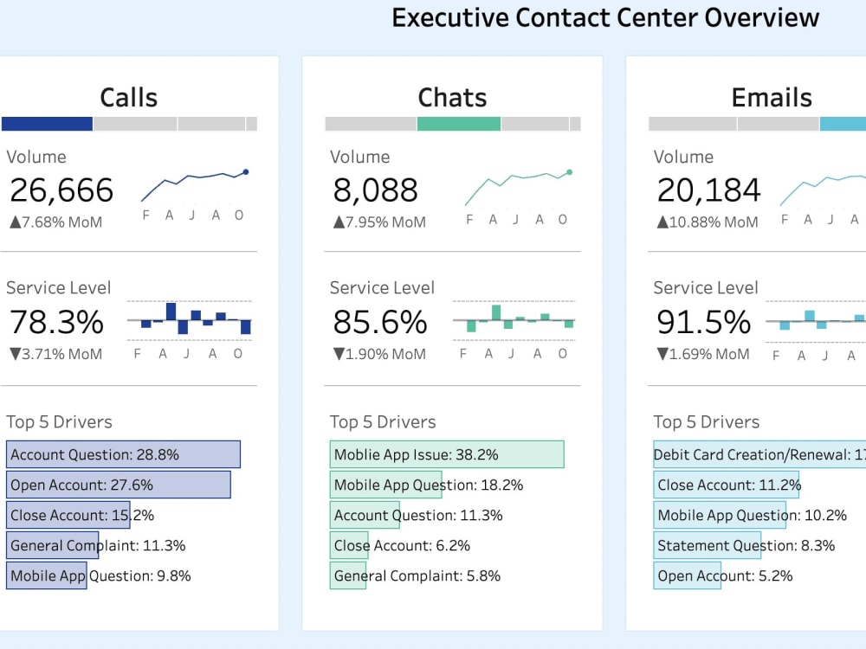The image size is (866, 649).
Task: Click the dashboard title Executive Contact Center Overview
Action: (605, 17)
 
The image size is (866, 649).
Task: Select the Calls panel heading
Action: (128, 98)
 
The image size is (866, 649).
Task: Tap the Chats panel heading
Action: (452, 98)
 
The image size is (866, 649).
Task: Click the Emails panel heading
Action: (772, 98)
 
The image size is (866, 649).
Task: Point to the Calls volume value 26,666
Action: (61, 190)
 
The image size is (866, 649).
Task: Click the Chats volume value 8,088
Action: (375, 190)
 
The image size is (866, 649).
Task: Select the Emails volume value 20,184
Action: (709, 190)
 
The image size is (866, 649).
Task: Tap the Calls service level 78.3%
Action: (56, 322)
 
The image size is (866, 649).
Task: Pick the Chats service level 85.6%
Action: (380, 322)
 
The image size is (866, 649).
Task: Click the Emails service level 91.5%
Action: (703, 322)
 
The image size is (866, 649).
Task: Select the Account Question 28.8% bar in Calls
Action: (123, 454)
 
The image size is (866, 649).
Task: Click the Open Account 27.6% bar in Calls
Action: (119, 485)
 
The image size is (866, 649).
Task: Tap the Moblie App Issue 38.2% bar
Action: (447, 454)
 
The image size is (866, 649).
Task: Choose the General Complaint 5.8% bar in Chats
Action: (348, 575)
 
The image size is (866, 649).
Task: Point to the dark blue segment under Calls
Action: (47, 124)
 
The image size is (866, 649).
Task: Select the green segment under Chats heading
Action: (458, 124)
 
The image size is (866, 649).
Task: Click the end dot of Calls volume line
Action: (246, 172)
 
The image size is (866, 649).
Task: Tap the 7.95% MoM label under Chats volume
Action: (379, 222)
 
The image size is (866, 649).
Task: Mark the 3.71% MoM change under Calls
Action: (55, 354)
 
